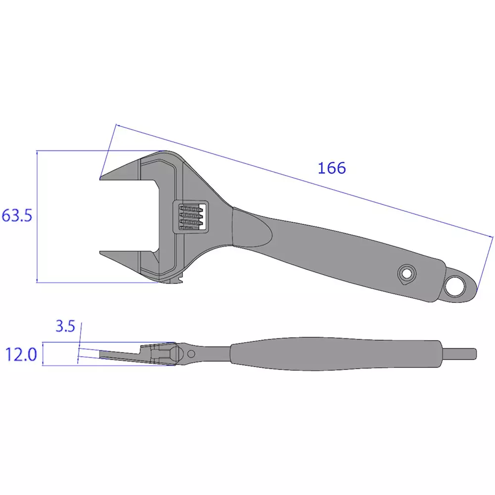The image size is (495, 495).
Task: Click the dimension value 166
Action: (332, 168)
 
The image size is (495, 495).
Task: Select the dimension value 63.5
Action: (17, 216)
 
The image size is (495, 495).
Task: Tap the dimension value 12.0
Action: (21, 354)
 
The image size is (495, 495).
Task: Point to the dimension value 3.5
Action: (65, 326)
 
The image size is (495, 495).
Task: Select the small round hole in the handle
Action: (407, 273)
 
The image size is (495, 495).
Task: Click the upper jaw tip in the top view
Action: (104, 177)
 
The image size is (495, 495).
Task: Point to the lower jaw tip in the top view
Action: (104, 253)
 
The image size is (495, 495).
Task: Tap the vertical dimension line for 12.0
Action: (43, 354)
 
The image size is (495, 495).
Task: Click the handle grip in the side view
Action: (337, 354)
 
